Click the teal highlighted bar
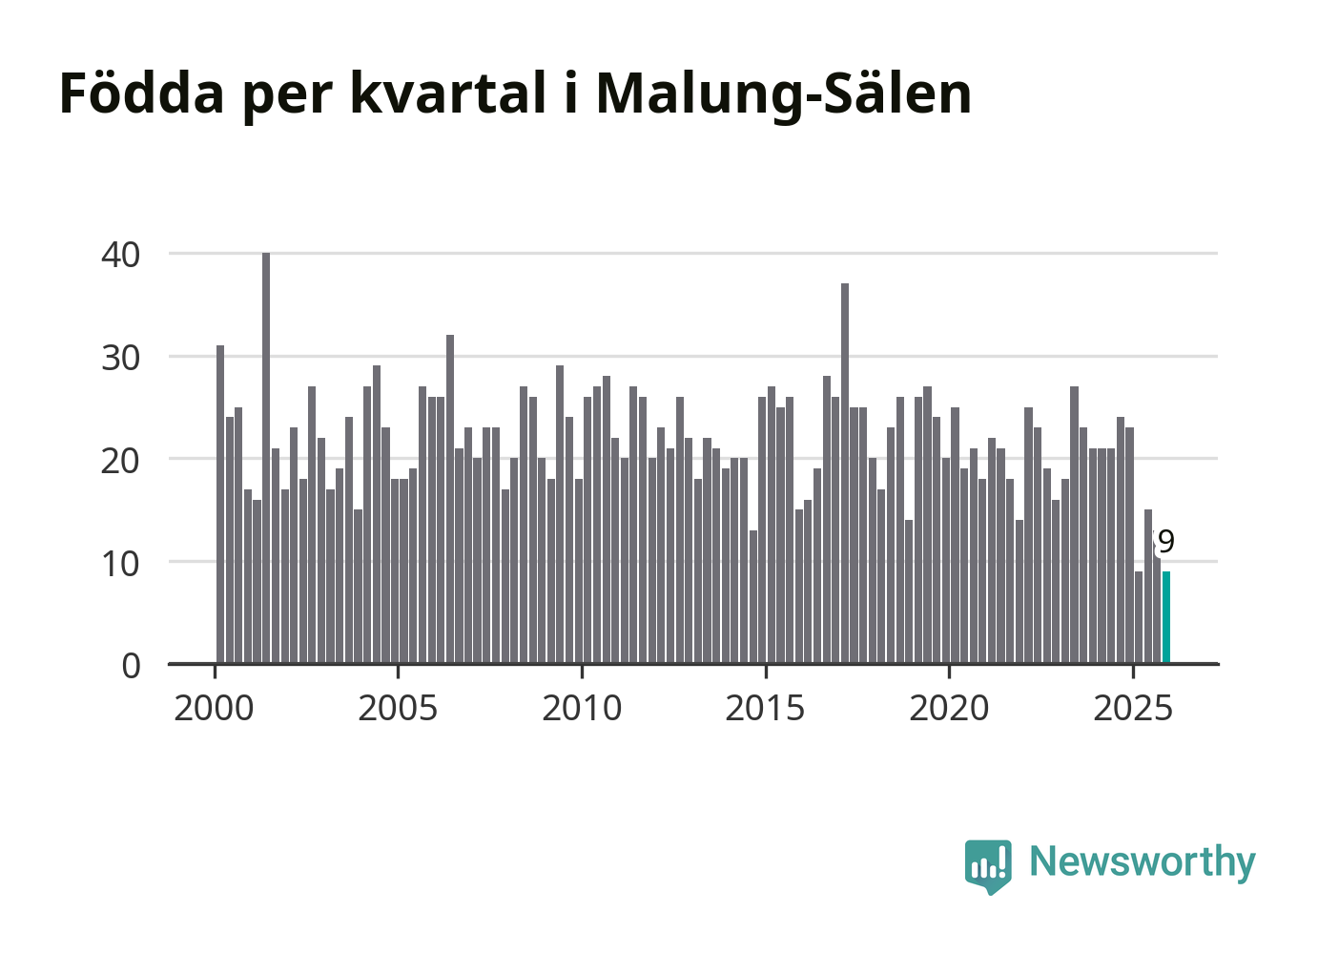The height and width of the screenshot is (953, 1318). coord(1165,617)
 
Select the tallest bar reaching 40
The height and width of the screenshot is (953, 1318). coord(266,458)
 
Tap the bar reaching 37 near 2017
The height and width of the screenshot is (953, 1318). coord(845,473)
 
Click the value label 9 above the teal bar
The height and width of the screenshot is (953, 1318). coord(1165,542)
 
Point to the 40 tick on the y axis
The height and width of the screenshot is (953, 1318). coord(121,255)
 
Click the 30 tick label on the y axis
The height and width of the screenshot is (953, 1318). coord(121,358)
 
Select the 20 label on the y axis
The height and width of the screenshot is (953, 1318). coord(121,460)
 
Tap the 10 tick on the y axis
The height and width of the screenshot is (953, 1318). coord(121,563)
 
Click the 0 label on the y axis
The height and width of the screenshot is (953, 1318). coord(131,665)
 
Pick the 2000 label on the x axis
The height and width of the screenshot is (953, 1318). coord(214,709)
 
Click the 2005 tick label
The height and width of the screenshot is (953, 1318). coord(398,709)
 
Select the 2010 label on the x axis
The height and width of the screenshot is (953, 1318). coord(582,709)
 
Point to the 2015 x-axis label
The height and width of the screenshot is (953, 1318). coord(765,709)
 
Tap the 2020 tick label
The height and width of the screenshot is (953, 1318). coord(949,709)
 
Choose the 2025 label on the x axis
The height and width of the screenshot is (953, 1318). coord(1133,709)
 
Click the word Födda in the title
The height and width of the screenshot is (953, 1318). coord(142,93)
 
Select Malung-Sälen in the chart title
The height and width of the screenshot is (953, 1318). coord(783,93)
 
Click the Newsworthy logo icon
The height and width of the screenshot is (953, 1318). coord(987,865)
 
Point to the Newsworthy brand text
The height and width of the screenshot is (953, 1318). coord(1143,861)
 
